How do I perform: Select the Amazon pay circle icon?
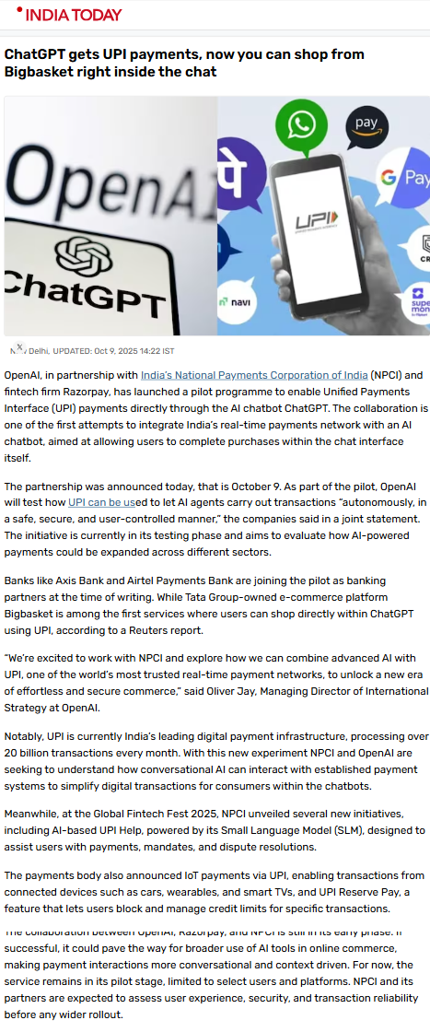(366, 124)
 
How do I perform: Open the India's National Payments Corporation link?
(253, 375)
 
